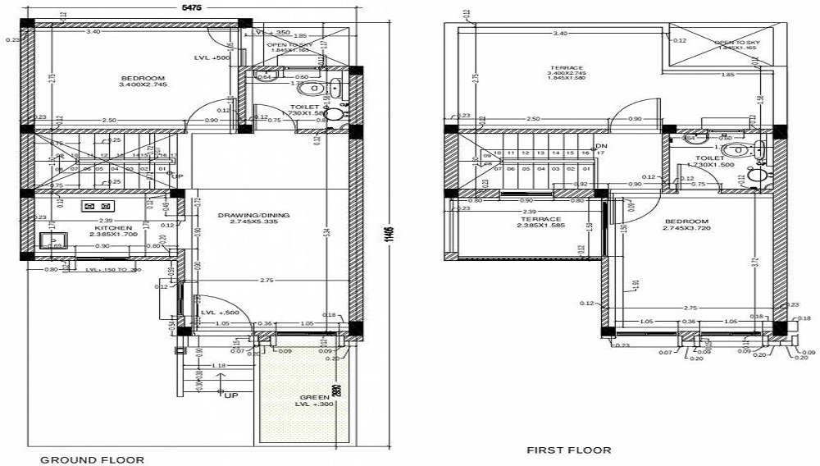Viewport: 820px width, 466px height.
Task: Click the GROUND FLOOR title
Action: pos(93,460)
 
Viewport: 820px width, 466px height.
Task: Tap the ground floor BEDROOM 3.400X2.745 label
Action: pos(143,80)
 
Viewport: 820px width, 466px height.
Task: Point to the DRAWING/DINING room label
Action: pos(253,218)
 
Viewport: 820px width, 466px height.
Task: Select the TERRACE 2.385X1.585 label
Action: pos(540,222)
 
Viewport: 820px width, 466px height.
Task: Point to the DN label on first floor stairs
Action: pos(600,146)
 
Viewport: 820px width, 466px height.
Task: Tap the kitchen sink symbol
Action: pos(55,242)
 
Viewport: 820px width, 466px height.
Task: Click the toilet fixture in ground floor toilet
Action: pos(312,89)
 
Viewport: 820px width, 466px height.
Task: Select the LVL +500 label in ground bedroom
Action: pos(212,58)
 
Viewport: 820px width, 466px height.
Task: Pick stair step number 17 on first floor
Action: pos(601,153)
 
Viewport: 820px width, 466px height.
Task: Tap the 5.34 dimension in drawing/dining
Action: pos(326,233)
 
